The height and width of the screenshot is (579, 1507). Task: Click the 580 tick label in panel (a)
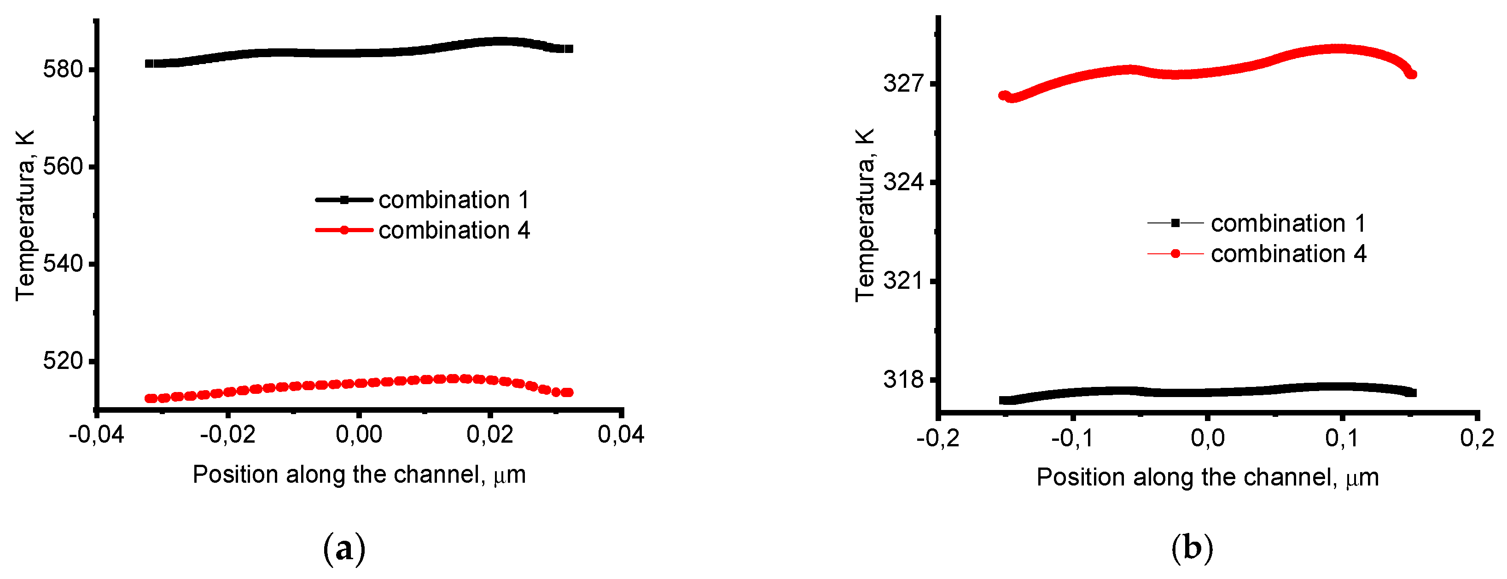click(x=63, y=70)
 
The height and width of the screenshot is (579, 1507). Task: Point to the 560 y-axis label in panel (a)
click(x=63, y=167)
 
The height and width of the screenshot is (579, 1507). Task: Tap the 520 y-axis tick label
click(x=63, y=361)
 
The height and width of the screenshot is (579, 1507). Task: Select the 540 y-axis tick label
click(x=63, y=264)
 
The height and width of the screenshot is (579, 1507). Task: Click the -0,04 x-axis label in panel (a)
click(x=97, y=435)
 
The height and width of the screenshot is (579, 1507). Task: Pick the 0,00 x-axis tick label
click(x=359, y=435)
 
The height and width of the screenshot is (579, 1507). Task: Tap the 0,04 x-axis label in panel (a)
click(x=621, y=435)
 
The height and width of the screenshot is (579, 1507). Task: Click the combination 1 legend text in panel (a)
click(x=454, y=200)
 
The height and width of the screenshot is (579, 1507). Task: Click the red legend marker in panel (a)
click(x=344, y=230)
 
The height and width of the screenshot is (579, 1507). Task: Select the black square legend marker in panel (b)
click(x=1175, y=223)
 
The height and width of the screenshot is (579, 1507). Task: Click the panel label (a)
click(x=344, y=549)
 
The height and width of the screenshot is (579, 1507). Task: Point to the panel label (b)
click(x=1192, y=549)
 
